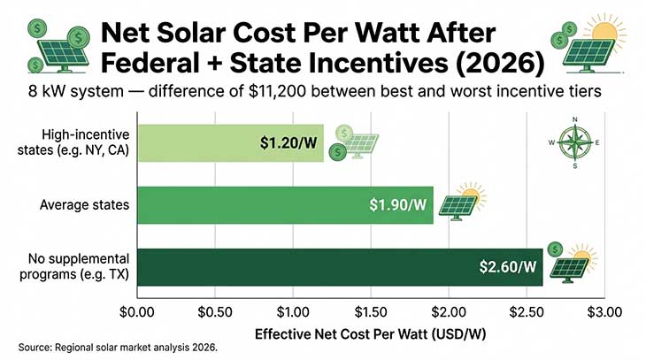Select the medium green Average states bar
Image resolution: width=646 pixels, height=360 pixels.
click(265, 205)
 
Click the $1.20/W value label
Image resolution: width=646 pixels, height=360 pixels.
click(288, 143)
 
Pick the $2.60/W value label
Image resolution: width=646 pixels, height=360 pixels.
click(508, 267)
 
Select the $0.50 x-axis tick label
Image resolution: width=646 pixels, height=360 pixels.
click(216, 311)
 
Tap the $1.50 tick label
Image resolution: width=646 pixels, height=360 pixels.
click(373, 311)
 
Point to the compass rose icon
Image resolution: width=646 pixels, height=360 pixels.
click(574, 142)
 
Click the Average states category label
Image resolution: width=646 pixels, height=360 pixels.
click(85, 205)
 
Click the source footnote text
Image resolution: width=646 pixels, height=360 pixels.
click(117, 348)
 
